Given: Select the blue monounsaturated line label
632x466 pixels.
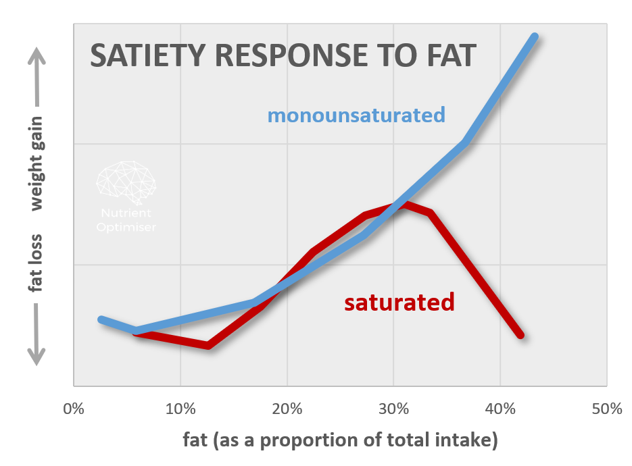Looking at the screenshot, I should pyautogui.click(x=356, y=115).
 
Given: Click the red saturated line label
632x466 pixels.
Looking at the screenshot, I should pyautogui.click(x=399, y=302).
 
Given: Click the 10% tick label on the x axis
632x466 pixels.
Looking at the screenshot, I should pyautogui.click(x=180, y=409).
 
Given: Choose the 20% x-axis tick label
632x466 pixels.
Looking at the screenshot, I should pyautogui.click(x=287, y=409).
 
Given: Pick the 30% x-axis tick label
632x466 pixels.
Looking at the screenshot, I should pyautogui.click(x=393, y=409).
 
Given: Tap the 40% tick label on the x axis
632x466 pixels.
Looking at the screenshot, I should pyautogui.click(x=500, y=409).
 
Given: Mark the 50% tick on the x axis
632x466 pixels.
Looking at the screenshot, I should pyautogui.click(x=606, y=409).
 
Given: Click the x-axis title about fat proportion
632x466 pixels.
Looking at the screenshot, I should pyautogui.click(x=340, y=440).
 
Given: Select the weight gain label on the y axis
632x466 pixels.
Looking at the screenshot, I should pyautogui.click(x=36, y=163).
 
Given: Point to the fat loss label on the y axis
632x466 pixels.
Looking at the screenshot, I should pyautogui.click(x=36, y=264).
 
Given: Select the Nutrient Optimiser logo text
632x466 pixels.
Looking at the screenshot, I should pyautogui.click(x=126, y=221).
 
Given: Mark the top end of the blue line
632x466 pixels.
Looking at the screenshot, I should pyautogui.click(x=535, y=36).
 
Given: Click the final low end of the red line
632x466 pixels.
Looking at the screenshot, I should pyautogui.click(x=520, y=334).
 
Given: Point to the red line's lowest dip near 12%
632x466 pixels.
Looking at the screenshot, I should pyautogui.click(x=208, y=346).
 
